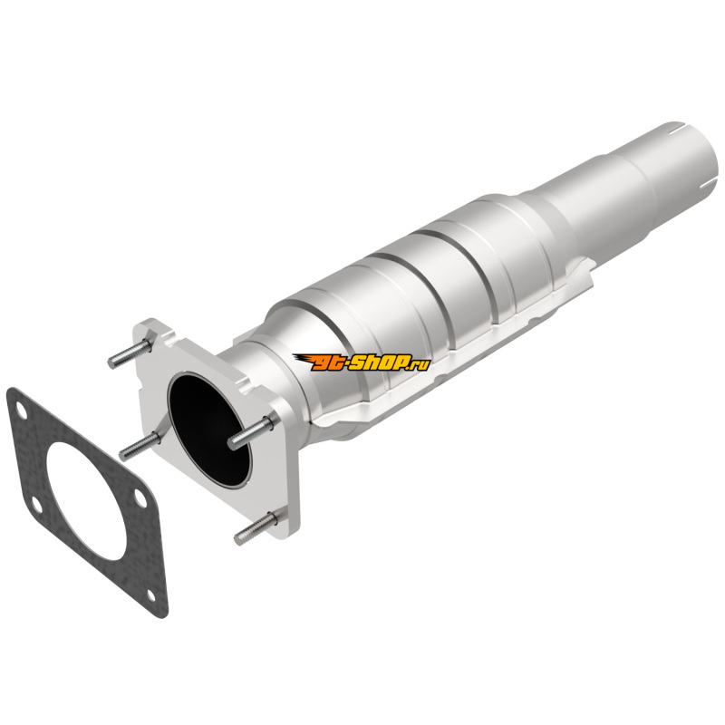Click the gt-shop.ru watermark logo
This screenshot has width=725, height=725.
coord(361,362)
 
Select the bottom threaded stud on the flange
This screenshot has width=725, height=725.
coord(256,528)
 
